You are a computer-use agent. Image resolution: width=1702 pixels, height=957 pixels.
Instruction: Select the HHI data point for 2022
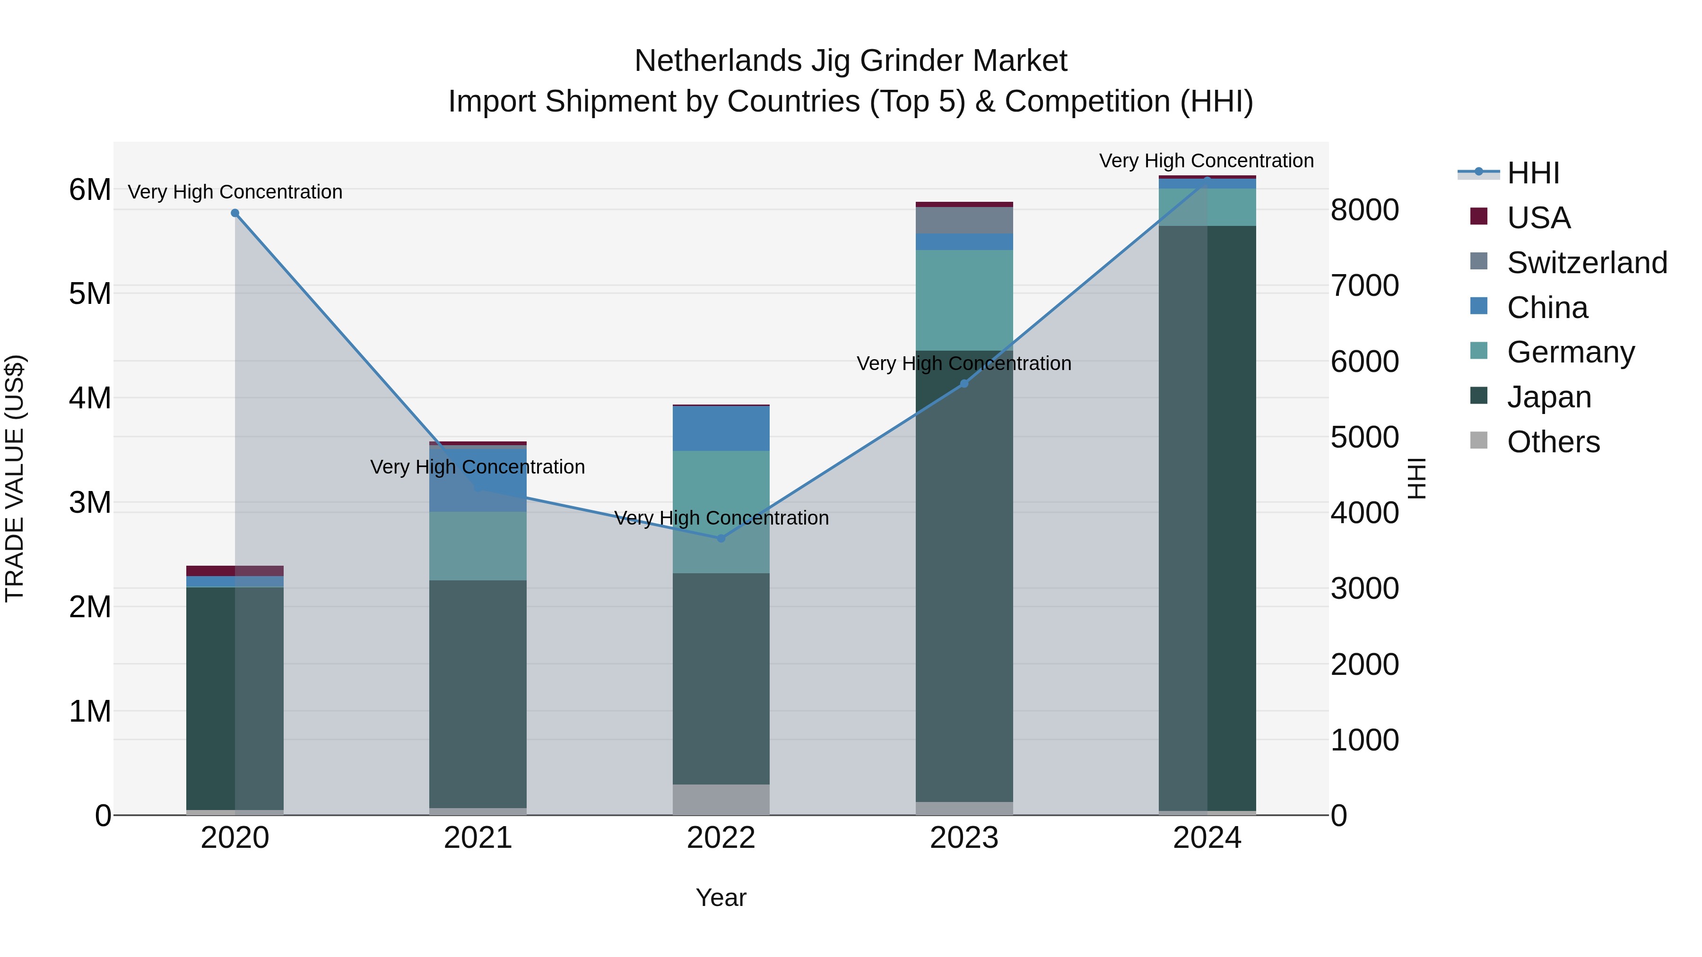click(721, 538)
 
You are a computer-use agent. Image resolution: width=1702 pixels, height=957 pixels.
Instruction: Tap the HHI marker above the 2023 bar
click(964, 384)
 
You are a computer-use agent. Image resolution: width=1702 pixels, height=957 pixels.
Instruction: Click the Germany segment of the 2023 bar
click(964, 301)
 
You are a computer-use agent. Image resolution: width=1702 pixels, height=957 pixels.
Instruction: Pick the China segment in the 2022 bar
click(721, 429)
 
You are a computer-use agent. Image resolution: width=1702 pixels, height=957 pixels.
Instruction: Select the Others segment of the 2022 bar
click(721, 800)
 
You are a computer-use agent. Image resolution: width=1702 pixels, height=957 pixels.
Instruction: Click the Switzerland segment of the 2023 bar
click(964, 220)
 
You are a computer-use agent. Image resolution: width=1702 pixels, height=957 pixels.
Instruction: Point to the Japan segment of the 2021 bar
click(478, 693)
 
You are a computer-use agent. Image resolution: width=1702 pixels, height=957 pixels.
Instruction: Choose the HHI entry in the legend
click(1533, 173)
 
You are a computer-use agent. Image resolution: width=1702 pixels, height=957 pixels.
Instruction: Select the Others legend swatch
click(1479, 440)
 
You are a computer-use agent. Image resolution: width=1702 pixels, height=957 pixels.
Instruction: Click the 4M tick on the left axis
click(90, 398)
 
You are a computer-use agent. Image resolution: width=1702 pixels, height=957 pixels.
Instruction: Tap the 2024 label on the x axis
click(1207, 838)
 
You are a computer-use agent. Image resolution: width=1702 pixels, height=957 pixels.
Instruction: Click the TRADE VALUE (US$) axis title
click(15, 478)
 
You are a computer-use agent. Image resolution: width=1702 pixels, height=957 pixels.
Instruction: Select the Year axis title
click(721, 897)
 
